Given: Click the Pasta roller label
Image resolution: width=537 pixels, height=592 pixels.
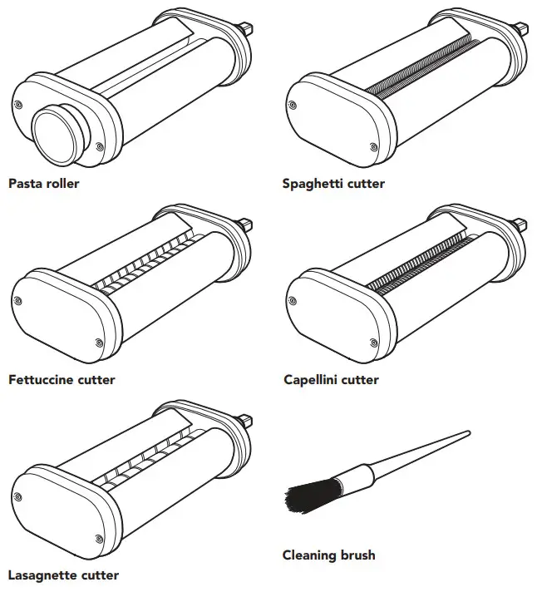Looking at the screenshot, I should pos(44,184).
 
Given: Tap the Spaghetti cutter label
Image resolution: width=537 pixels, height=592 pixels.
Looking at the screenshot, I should pos(333,184).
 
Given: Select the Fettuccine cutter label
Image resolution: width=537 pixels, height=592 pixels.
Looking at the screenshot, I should pos(62,380).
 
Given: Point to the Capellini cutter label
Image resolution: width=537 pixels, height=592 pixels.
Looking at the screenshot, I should pos(330,380).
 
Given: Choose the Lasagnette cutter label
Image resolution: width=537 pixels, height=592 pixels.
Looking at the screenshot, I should pos(63,575).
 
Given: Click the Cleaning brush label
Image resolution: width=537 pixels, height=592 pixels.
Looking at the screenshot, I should pos(328,555).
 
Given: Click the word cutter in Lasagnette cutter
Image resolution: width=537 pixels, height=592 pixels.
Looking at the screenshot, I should pos(99,575).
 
